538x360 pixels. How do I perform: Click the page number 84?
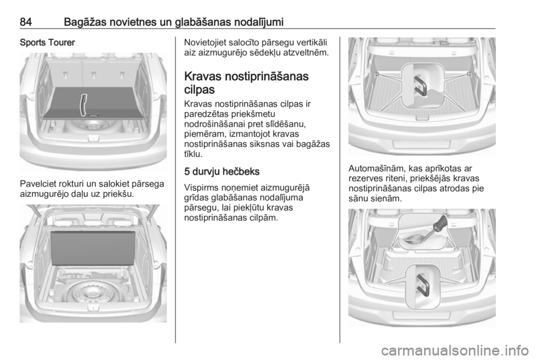coord(26,22)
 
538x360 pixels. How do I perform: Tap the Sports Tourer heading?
coord(47,43)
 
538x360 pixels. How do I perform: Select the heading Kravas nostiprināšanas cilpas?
coord(247,82)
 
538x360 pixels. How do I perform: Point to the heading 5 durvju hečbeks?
coord(222,172)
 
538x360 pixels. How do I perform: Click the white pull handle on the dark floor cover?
coord(83,105)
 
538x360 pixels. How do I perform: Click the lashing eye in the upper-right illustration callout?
coord(422,86)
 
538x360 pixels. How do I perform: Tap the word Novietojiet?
coord(206,43)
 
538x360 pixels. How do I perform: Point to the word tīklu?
coord(193,154)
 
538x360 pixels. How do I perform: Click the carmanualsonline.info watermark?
coord(455,350)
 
